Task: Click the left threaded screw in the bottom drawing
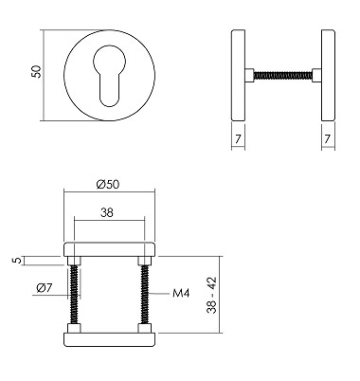tap(75, 297)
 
